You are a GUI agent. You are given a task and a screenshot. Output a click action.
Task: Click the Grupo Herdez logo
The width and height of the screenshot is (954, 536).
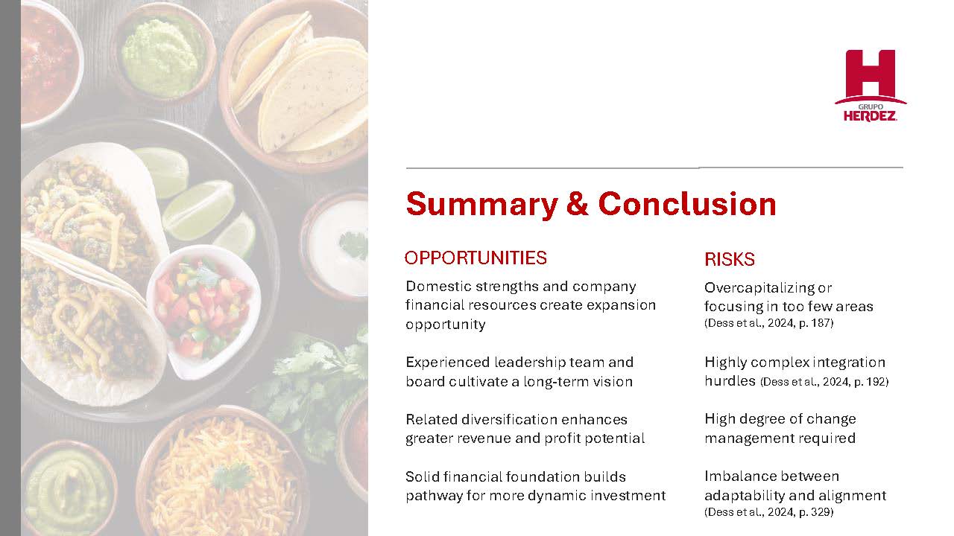(870, 86)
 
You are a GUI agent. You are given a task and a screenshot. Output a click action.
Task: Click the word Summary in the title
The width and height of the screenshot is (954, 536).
(481, 205)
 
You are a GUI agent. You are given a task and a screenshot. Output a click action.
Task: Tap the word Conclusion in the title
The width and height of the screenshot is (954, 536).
(687, 204)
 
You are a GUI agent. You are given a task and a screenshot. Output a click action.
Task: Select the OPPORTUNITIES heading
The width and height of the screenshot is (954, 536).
(476, 258)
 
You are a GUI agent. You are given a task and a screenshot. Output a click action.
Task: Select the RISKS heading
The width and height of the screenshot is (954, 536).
(730, 259)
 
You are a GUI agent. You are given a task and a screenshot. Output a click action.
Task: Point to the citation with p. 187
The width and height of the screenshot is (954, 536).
(768, 323)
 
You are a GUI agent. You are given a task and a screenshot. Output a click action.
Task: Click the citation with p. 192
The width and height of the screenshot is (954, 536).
(824, 382)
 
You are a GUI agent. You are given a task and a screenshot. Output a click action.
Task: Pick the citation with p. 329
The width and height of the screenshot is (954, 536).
(768, 511)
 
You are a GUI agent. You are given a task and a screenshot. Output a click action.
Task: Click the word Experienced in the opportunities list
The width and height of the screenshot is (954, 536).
(448, 363)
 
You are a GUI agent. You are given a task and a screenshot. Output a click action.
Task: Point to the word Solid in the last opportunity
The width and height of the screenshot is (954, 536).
(422, 477)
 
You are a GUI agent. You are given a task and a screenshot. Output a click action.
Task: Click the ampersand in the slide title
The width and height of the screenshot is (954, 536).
(578, 204)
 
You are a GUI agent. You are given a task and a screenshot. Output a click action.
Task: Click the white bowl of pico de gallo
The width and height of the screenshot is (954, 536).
(203, 311)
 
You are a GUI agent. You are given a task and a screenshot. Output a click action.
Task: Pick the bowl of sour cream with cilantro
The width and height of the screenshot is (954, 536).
(336, 245)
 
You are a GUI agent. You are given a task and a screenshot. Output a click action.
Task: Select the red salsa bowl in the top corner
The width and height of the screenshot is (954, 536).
(49, 64)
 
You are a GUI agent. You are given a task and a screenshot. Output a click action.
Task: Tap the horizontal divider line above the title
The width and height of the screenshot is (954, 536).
(654, 167)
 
